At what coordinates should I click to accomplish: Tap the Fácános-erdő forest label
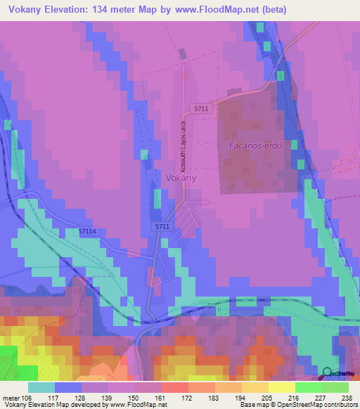[256, 146]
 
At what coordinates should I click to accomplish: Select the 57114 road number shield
[87, 231]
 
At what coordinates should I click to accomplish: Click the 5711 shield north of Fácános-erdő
[202, 109]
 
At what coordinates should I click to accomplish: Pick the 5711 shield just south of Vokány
[162, 226]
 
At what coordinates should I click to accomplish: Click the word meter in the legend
[12, 397]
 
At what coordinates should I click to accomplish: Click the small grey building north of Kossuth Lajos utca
[183, 53]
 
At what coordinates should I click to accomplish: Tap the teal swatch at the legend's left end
[41, 387]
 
